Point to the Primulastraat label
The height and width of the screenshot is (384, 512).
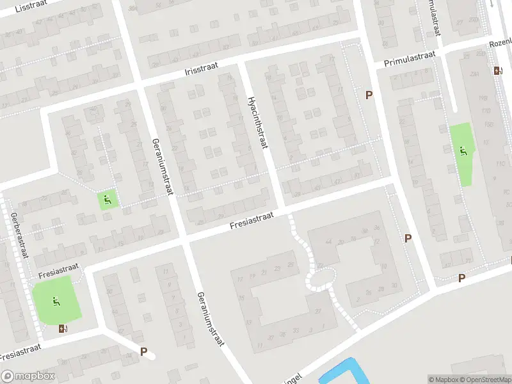(x=410, y=60)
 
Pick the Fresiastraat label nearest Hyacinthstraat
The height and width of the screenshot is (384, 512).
(x=252, y=221)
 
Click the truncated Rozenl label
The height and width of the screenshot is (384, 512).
(x=500, y=43)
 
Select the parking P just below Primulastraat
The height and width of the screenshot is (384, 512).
(x=369, y=95)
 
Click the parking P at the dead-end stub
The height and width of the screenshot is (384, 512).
(x=144, y=351)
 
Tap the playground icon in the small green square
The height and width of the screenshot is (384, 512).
(x=107, y=199)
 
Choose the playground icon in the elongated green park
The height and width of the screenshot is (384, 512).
(x=463, y=151)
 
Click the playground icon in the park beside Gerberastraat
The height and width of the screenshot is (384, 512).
(x=56, y=300)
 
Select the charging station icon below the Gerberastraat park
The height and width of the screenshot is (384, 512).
(x=63, y=328)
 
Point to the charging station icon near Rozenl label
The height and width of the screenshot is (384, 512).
(x=498, y=70)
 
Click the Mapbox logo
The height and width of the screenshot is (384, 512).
(x=28, y=376)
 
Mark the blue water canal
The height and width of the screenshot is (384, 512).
(x=339, y=371)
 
